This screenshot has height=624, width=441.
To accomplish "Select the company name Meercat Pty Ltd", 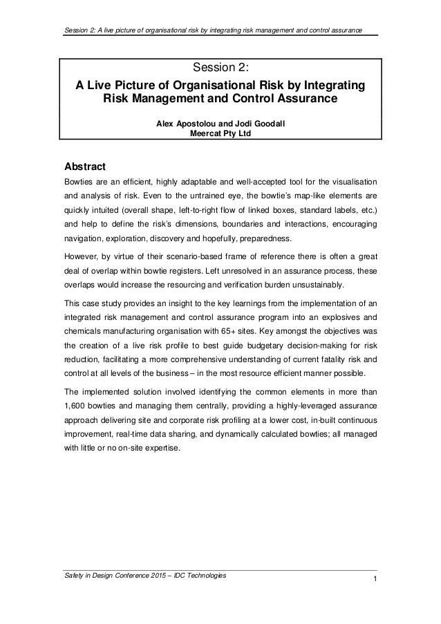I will tap(220, 135).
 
